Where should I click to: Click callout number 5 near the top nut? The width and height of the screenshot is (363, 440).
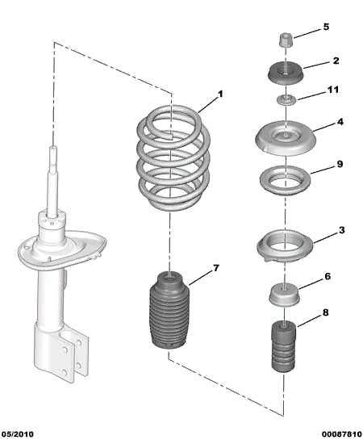(326, 27)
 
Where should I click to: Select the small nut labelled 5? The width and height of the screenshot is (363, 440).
(286, 40)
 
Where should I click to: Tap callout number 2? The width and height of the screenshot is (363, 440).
(336, 61)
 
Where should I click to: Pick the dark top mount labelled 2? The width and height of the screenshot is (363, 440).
(285, 73)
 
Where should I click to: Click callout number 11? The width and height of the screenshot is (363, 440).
(333, 90)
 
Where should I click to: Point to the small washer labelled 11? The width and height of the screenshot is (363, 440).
(286, 100)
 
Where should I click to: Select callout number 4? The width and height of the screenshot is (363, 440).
(340, 122)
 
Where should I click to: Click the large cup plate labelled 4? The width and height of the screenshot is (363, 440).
(286, 138)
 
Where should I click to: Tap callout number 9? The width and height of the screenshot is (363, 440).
(340, 164)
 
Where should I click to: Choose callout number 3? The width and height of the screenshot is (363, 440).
(341, 230)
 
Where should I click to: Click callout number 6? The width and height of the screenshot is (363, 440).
(328, 276)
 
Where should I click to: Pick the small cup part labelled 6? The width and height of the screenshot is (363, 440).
(284, 295)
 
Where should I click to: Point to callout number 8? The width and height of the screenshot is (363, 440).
(325, 312)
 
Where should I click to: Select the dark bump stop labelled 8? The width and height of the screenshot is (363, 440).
(283, 347)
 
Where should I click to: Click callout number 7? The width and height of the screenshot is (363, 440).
(215, 268)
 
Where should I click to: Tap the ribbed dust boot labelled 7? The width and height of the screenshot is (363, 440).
(169, 311)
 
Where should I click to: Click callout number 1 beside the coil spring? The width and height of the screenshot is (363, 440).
(220, 94)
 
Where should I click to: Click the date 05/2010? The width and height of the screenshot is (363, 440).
(18, 434)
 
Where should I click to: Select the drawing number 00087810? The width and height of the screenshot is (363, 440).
(342, 434)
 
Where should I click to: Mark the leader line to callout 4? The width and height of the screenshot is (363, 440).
(324, 128)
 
